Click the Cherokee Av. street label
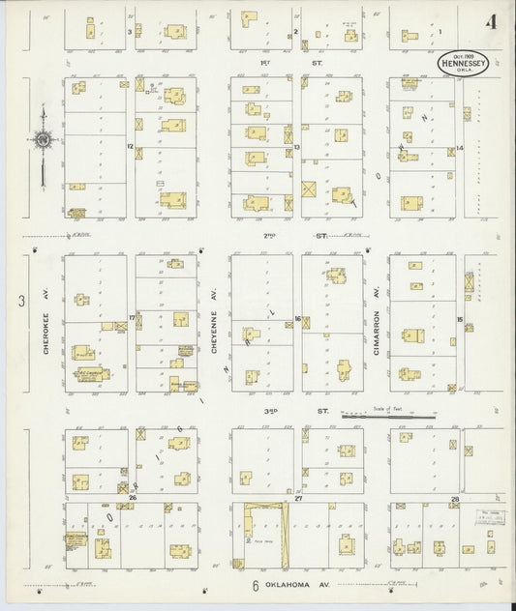pos(46,324)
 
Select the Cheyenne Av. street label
pos(213,324)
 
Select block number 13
pos(297,147)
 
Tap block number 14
pos(461,148)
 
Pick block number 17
pos(131,317)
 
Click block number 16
pos(297,318)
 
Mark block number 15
pos(461,319)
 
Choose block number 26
pos(132,498)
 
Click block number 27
pos(299,498)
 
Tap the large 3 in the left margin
pos(21,302)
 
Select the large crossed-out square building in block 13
pos(309,189)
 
